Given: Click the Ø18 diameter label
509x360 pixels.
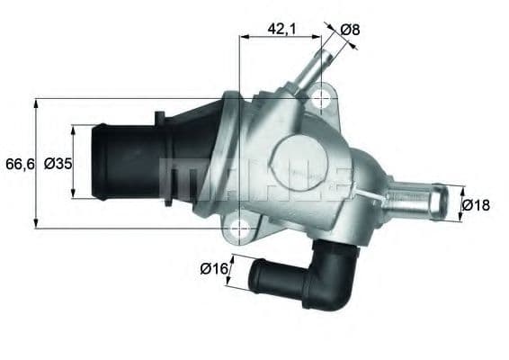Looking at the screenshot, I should (476, 204).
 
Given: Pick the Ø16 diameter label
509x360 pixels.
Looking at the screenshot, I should (212, 267).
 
